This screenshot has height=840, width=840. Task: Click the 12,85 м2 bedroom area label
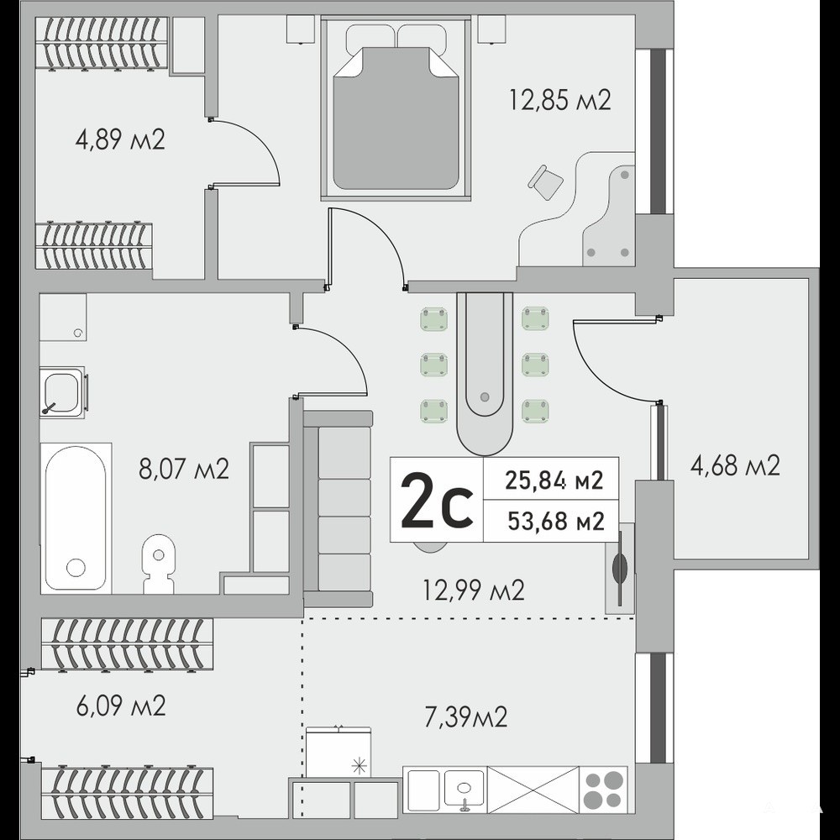(559, 100)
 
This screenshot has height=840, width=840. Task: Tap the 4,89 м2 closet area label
(120, 140)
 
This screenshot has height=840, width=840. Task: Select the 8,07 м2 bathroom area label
(184, 469)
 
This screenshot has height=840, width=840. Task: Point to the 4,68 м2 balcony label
(735, 465)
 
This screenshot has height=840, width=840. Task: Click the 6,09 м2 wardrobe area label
(121, 706)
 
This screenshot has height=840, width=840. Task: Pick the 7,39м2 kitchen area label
(465, 717)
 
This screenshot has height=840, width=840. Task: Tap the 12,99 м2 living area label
(474, 591)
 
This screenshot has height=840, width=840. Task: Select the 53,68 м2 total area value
(556, 520)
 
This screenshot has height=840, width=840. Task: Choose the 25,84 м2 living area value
(554, 480)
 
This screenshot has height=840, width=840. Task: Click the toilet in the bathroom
(159, 563)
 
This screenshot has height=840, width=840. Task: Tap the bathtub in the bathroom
(76, 518)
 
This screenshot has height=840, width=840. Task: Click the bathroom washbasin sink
(62, 392)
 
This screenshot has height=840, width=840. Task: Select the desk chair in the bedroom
(546, 182)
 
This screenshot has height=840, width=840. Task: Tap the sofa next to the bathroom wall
(339, 509)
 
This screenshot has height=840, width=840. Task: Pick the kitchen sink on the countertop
(464, 789)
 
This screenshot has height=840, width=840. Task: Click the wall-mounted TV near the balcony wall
(620, 568)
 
